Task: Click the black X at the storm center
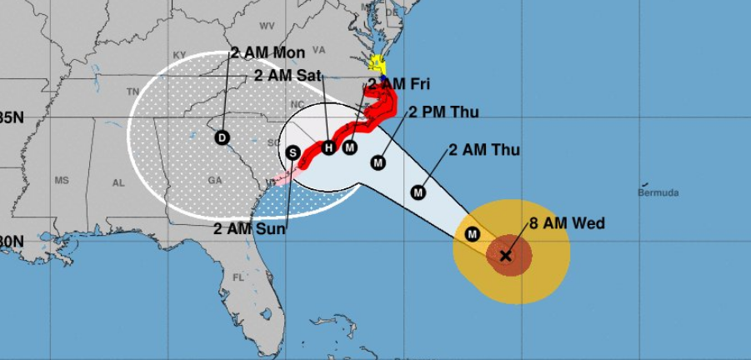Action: [x=505, y=256]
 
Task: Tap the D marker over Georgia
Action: [x=222, y=137]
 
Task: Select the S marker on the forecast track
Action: [x=293, y=152]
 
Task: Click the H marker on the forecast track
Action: [x=328, y=147]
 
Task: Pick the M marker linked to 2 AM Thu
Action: [x=418, y=192]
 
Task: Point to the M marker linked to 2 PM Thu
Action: [x=378, y=162]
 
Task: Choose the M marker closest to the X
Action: [x=473, y=234]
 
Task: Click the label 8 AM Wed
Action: [x=567, y=223]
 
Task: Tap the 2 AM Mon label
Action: [x=268, y=52]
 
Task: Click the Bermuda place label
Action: [x=658, y=192]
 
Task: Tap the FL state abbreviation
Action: [x=238, y=277]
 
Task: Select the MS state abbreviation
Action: [x=62, y=180]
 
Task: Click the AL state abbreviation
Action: [x=118, y=182]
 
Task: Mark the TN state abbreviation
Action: [x=132, y=92]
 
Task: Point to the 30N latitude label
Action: [x=12, y=242]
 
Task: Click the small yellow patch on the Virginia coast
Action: [x=377, y=62]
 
